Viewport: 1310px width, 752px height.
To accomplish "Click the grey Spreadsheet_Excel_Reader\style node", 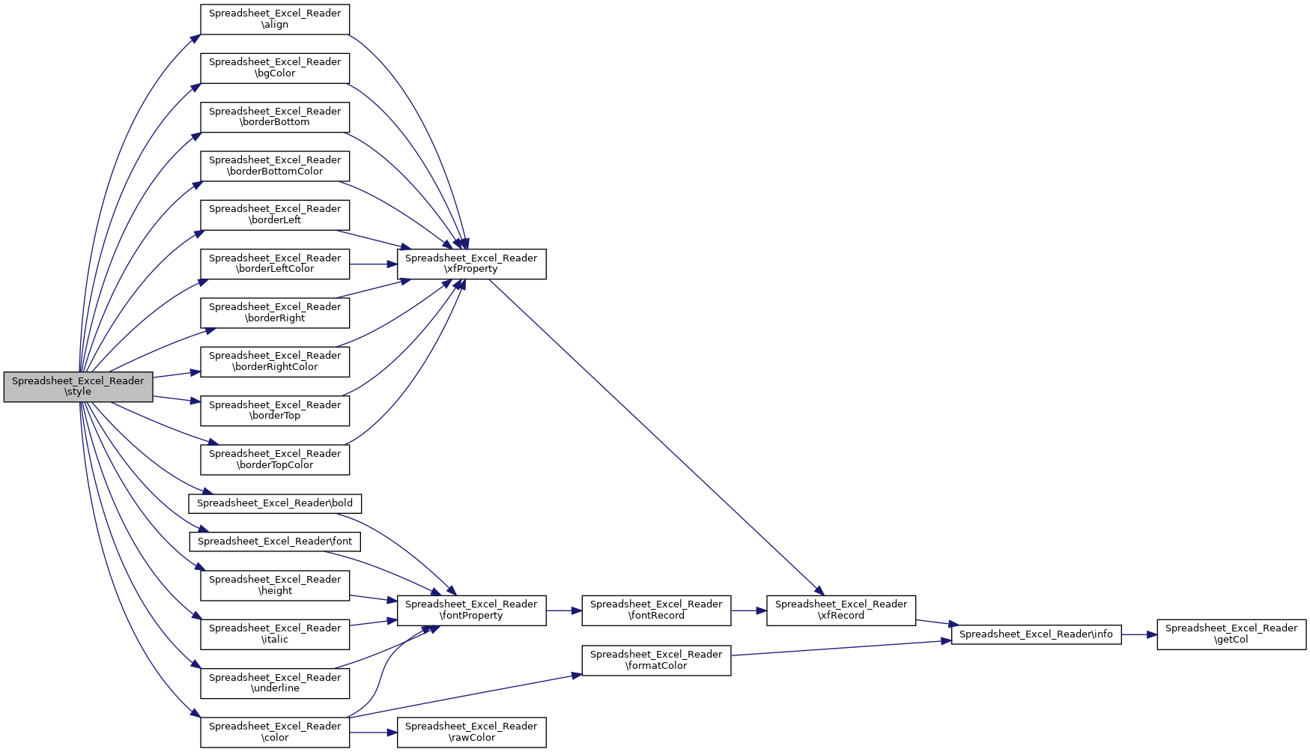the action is point(78,386).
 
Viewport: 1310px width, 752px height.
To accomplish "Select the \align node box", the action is point(275,19).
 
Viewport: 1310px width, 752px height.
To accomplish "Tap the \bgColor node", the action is point(275,67).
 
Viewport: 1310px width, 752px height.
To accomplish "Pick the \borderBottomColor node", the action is point(275,166).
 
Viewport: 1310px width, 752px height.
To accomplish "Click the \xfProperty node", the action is point(472,264).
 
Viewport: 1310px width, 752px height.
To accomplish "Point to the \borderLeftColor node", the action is point(275,264).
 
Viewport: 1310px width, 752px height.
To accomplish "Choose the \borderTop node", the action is point(275,410).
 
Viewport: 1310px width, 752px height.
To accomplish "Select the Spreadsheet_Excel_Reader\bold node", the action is point(275,503).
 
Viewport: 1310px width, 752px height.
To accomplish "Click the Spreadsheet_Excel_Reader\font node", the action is point(275,542).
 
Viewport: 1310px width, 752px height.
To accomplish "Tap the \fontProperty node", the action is point(472,610).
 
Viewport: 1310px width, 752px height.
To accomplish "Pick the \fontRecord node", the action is point(656,610).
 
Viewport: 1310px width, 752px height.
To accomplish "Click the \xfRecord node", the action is point(841,610).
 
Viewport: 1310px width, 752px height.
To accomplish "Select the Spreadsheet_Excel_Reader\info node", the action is point(1037,634).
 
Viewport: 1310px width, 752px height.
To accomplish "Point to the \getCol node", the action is point(1231,634).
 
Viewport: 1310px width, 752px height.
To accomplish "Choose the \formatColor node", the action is point(656,660).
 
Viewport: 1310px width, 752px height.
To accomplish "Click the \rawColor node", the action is point(472,733).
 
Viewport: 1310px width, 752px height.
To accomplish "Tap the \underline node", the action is point(275,683).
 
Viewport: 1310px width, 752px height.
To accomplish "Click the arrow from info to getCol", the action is point(1139,634).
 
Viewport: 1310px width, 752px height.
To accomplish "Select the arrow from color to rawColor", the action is point(374,733).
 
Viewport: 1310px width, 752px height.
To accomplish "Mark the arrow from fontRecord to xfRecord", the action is point(749,610).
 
